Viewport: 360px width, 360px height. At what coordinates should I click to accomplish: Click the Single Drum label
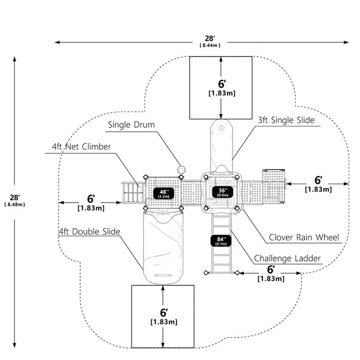coord(131,124)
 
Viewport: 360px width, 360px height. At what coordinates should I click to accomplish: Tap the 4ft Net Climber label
coord(81,147)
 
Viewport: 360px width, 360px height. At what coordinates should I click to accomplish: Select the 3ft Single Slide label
coord(286,120)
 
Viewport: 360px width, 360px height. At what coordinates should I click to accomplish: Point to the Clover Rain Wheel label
coord(304,237)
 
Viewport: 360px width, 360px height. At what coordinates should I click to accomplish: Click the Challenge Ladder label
coord(287,258)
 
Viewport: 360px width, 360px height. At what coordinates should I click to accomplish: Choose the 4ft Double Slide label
coord(89,231)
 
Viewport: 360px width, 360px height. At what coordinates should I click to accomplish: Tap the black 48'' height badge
coord(164,193)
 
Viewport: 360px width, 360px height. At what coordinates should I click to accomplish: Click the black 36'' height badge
coord(223,192)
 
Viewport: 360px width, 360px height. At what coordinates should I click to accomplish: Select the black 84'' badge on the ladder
coord(221,241)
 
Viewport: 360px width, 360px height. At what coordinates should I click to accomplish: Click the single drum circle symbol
coord(182,169)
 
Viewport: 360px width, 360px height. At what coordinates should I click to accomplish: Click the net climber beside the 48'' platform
coord(133,192)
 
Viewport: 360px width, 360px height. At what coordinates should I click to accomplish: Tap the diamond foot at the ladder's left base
coord(206,273)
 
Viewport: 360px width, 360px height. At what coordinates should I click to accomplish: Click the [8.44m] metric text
coord(210,45)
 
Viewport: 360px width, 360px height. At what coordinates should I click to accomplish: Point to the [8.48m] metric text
coord(15,205)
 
